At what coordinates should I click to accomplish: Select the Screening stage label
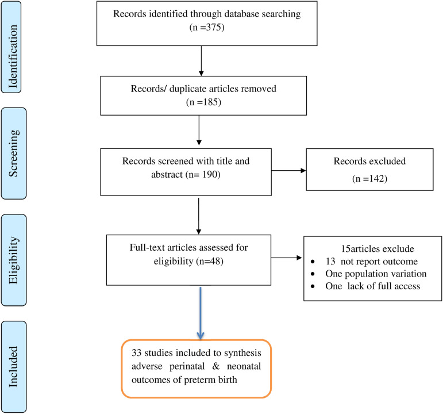14,153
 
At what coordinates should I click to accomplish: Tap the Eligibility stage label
13,260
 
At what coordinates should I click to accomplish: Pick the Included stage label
13,366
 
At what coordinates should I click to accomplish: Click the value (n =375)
207,27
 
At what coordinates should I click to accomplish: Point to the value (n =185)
203,102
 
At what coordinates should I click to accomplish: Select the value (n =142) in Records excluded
369,178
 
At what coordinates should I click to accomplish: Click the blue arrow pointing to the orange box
201,313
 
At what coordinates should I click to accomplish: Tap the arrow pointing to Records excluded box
289,171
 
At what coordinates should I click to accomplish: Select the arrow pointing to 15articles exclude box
287,258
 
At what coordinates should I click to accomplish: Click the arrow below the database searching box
201,61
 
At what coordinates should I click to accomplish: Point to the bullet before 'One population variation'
313,274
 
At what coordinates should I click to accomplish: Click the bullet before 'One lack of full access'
313,286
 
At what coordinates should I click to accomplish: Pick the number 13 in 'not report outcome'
330,261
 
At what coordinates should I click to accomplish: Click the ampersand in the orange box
216,366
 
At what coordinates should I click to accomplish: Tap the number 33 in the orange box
136,352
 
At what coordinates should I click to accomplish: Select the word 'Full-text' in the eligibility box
148,247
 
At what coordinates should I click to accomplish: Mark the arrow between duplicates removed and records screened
199,131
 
